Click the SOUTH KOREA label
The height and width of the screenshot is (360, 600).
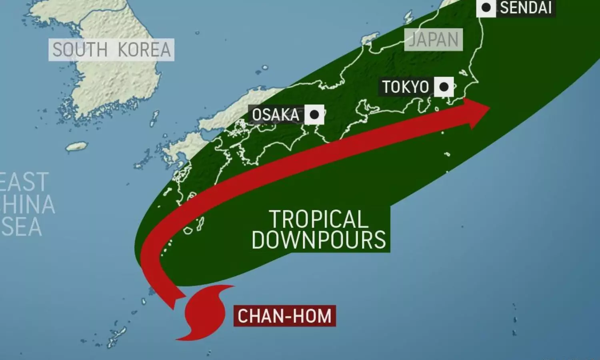(111, 50)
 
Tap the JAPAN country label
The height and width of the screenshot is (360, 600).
(434, 40)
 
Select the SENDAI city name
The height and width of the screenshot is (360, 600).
(526, 8)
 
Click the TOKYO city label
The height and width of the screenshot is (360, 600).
(406, 87)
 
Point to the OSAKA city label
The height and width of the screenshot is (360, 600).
(276, 115)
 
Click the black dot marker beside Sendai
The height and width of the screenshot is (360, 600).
(486, 8)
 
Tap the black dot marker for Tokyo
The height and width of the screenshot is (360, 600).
(444, 87)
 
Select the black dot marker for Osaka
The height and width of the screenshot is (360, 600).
(314, 115)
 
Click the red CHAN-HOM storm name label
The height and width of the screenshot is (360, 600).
(284, 316)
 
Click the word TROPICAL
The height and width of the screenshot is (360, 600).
(318, 219)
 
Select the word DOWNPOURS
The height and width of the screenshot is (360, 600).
(319, 240)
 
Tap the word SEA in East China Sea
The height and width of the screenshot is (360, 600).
(22, 227)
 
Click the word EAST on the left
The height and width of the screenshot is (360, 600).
(24, 182)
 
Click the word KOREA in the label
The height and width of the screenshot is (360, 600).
(144, 50)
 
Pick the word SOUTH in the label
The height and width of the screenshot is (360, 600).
(80, 50)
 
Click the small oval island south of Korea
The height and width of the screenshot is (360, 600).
(76, 146)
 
